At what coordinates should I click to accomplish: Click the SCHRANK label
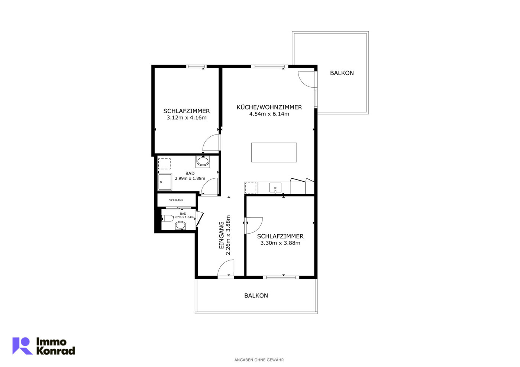tap(176, 200)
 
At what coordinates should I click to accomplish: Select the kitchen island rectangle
tap(274, 152)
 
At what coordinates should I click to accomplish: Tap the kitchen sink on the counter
tap(275, 188)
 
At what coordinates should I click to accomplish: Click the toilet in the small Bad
tap(167, 218)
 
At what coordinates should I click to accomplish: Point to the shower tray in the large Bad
tap(165, 182)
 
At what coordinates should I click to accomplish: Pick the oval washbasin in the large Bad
tap(203, 162)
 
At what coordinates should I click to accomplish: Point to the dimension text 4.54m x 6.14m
tap(269, 114)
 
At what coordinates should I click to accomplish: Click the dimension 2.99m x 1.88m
tap(190, 178)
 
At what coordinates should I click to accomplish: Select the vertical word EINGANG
tap(222, 235)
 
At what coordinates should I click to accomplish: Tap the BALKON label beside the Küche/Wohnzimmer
tap(342, 73)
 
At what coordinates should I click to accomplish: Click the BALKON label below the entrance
tap(256, 296)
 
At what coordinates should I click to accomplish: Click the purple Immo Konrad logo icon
tap(22, 346)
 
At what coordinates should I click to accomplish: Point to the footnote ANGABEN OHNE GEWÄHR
tap(259, 360)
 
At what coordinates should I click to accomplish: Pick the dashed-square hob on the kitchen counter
tap(251, 188)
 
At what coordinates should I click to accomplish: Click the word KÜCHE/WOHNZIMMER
tap(269, 107)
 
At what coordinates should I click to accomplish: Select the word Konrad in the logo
tap(56, 351)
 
